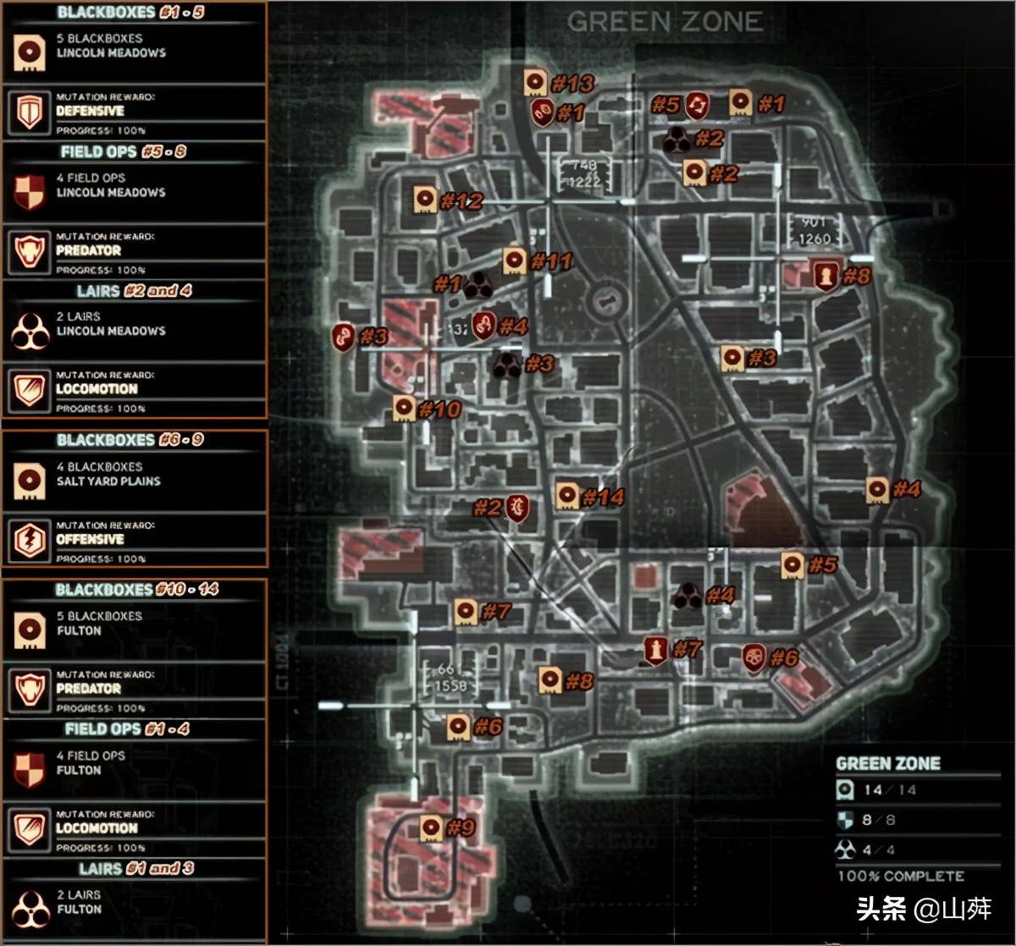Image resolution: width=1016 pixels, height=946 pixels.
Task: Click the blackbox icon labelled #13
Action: (x=534, y=83)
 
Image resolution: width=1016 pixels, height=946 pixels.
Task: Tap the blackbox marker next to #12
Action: (x=425, y=200)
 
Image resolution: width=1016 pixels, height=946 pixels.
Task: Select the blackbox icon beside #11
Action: (x=514, y=261)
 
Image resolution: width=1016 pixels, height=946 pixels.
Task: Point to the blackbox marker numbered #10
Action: (x=404, y=409)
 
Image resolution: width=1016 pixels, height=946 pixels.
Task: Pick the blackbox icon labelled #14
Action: (x=567, y=495)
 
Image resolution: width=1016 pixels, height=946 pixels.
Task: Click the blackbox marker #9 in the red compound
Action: (x=430, y=828)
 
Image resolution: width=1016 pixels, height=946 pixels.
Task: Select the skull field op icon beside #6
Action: (x=754, y=657)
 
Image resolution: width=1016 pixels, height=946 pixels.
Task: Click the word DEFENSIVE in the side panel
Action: (x=90, y=111)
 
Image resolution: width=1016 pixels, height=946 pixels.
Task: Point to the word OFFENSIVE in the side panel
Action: (x=90, y=539)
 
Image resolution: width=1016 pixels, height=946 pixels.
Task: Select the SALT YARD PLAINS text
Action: (x=108, y=481)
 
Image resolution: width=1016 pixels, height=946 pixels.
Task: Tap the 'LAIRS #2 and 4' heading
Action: (x=134, y=290)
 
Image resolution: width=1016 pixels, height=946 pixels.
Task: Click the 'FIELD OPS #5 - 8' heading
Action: (x=124, y=152)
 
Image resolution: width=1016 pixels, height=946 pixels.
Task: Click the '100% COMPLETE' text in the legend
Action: (x=901, y=876)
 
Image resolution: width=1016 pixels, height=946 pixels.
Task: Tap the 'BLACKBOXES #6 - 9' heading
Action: (x=130, y=440)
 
